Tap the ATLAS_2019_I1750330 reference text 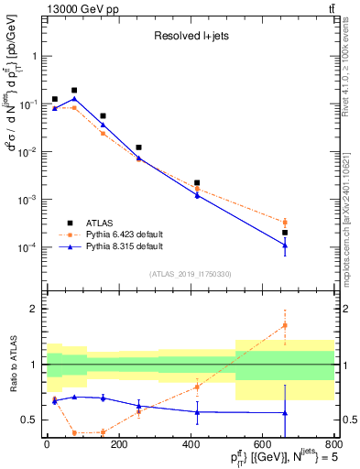(190, 274)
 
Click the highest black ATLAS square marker (74, 91)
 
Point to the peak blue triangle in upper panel (74, 99)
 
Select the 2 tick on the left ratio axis (37, 309)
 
